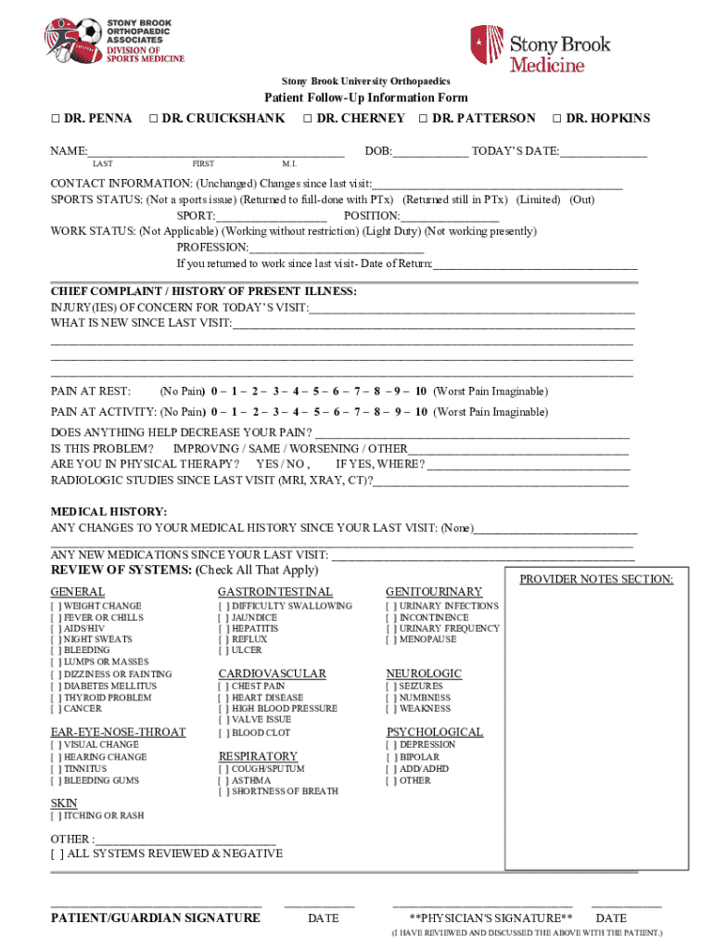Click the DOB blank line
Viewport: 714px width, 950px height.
(x=430, y=151)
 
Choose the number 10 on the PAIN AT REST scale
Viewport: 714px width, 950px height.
(x=421, y=392)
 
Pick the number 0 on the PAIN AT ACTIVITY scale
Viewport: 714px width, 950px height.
(x=214, y=412)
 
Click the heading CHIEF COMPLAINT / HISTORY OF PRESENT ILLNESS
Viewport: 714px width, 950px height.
(x=203, y=291)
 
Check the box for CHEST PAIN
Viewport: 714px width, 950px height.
(x=223, y=687)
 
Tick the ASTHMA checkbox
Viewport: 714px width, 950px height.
(x=223, y=781)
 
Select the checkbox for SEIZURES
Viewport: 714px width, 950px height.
(x=391, y=687)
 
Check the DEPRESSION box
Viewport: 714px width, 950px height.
(x=391, y=745)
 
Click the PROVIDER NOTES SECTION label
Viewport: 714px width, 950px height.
(x=596, y=580)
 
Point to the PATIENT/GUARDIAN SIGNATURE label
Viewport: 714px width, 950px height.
(x=155, y=918)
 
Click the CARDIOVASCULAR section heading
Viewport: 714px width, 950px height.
(x=272, y=674)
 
